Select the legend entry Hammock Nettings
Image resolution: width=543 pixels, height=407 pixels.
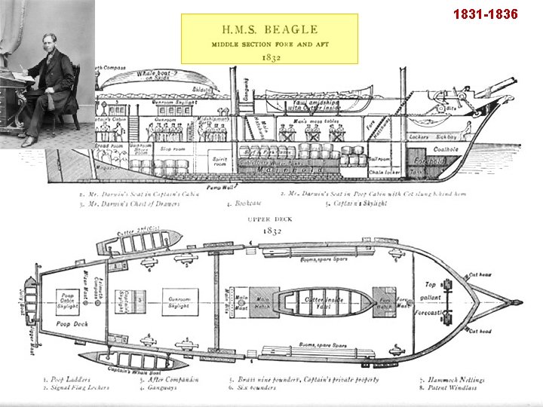point(453,381)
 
